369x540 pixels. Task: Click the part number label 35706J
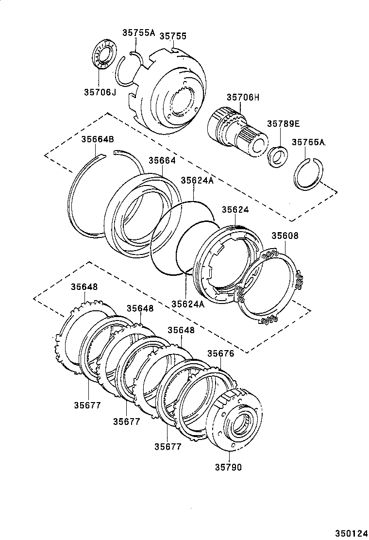(x=100, y=91)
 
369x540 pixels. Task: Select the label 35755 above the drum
(x=173, y=36)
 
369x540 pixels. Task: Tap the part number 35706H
(x=242, y=98)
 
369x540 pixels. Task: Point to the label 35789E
(x=283, y=123)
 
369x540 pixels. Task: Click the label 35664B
(x=97, y=139)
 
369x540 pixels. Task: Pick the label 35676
(x=221, y=354)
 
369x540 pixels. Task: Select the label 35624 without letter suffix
(x=235, y=210)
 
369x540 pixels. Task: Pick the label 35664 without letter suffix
(x=162, y=160)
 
